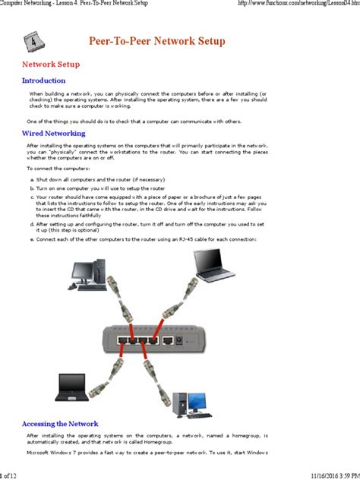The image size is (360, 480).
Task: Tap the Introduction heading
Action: click(43, 81)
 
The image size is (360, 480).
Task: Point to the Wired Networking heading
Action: click(53, 133)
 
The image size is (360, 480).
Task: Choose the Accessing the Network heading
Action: click(60, 424)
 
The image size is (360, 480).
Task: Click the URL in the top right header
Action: click(295, 5)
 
